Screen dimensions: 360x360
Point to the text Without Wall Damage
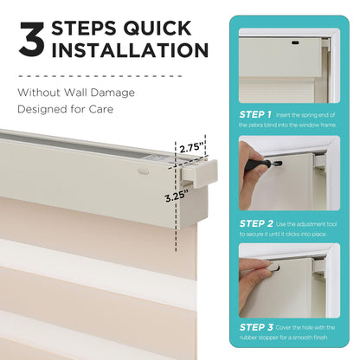tap(76, 92)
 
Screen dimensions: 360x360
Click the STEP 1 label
tap(255, 113)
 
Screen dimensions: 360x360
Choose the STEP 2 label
tap(255, 223)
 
